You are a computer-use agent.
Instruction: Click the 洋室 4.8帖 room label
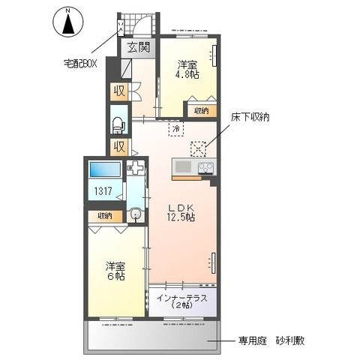pyautogui.click(x=187, y=69)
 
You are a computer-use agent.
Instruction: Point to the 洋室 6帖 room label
pyautogui.click(x=115, y=271)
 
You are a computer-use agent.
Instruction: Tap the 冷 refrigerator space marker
pyautogui.click(x=175, y=130)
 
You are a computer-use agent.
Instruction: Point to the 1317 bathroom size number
pyautogui.click(x=103, y=192)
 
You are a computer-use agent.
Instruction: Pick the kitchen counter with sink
pyautogui.click(x=194, y=167)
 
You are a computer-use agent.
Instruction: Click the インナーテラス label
pyautogui.click(x=182, y=301)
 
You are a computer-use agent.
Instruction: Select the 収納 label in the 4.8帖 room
pyautogui.click(x=201, y=110)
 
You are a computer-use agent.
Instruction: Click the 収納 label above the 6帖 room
pyautogui.click(x=103, y=216)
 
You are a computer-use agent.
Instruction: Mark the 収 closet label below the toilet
pyautogui.click(x=118, y=146)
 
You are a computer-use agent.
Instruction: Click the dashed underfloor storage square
pyautogui.click(x=199, y=147)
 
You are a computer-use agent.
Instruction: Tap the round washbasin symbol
pyautogui.click(x=135, y=214)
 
